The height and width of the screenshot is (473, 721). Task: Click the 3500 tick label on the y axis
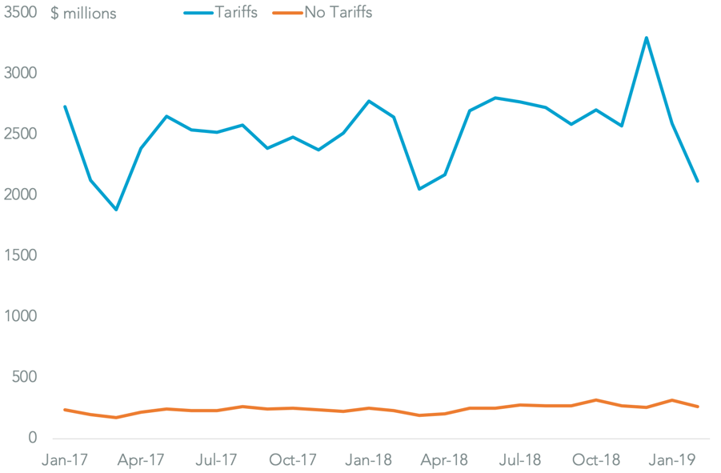coord(19,13)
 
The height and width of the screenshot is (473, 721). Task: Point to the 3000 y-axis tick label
coord(19,74)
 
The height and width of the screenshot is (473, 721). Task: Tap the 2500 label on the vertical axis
coord(19,134)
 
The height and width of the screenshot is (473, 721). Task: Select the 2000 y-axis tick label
coord(19,195)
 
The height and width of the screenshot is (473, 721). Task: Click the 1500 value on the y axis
coord(19,256)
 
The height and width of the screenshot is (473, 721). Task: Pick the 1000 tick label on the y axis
coord(19,317)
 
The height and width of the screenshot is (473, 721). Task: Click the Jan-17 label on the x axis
coord(65,460)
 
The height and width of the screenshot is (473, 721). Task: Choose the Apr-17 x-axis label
coord(141,460)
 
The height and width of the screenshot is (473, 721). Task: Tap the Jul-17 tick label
coord(217,460)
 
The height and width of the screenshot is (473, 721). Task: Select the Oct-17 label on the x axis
coord(293,460)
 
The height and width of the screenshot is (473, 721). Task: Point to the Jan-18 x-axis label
coord(369,460)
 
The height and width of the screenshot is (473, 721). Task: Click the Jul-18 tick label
coord(521,460)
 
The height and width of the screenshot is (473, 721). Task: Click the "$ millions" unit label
coord(83,14)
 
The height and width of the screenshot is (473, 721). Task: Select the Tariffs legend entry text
coord(235,13)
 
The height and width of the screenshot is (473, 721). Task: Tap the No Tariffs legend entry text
coord(338,13)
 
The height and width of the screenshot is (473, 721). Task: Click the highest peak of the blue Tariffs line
coord(647,38)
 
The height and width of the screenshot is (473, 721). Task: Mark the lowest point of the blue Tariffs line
coord(116,210)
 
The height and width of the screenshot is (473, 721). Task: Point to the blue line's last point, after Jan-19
coord(698,181)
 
